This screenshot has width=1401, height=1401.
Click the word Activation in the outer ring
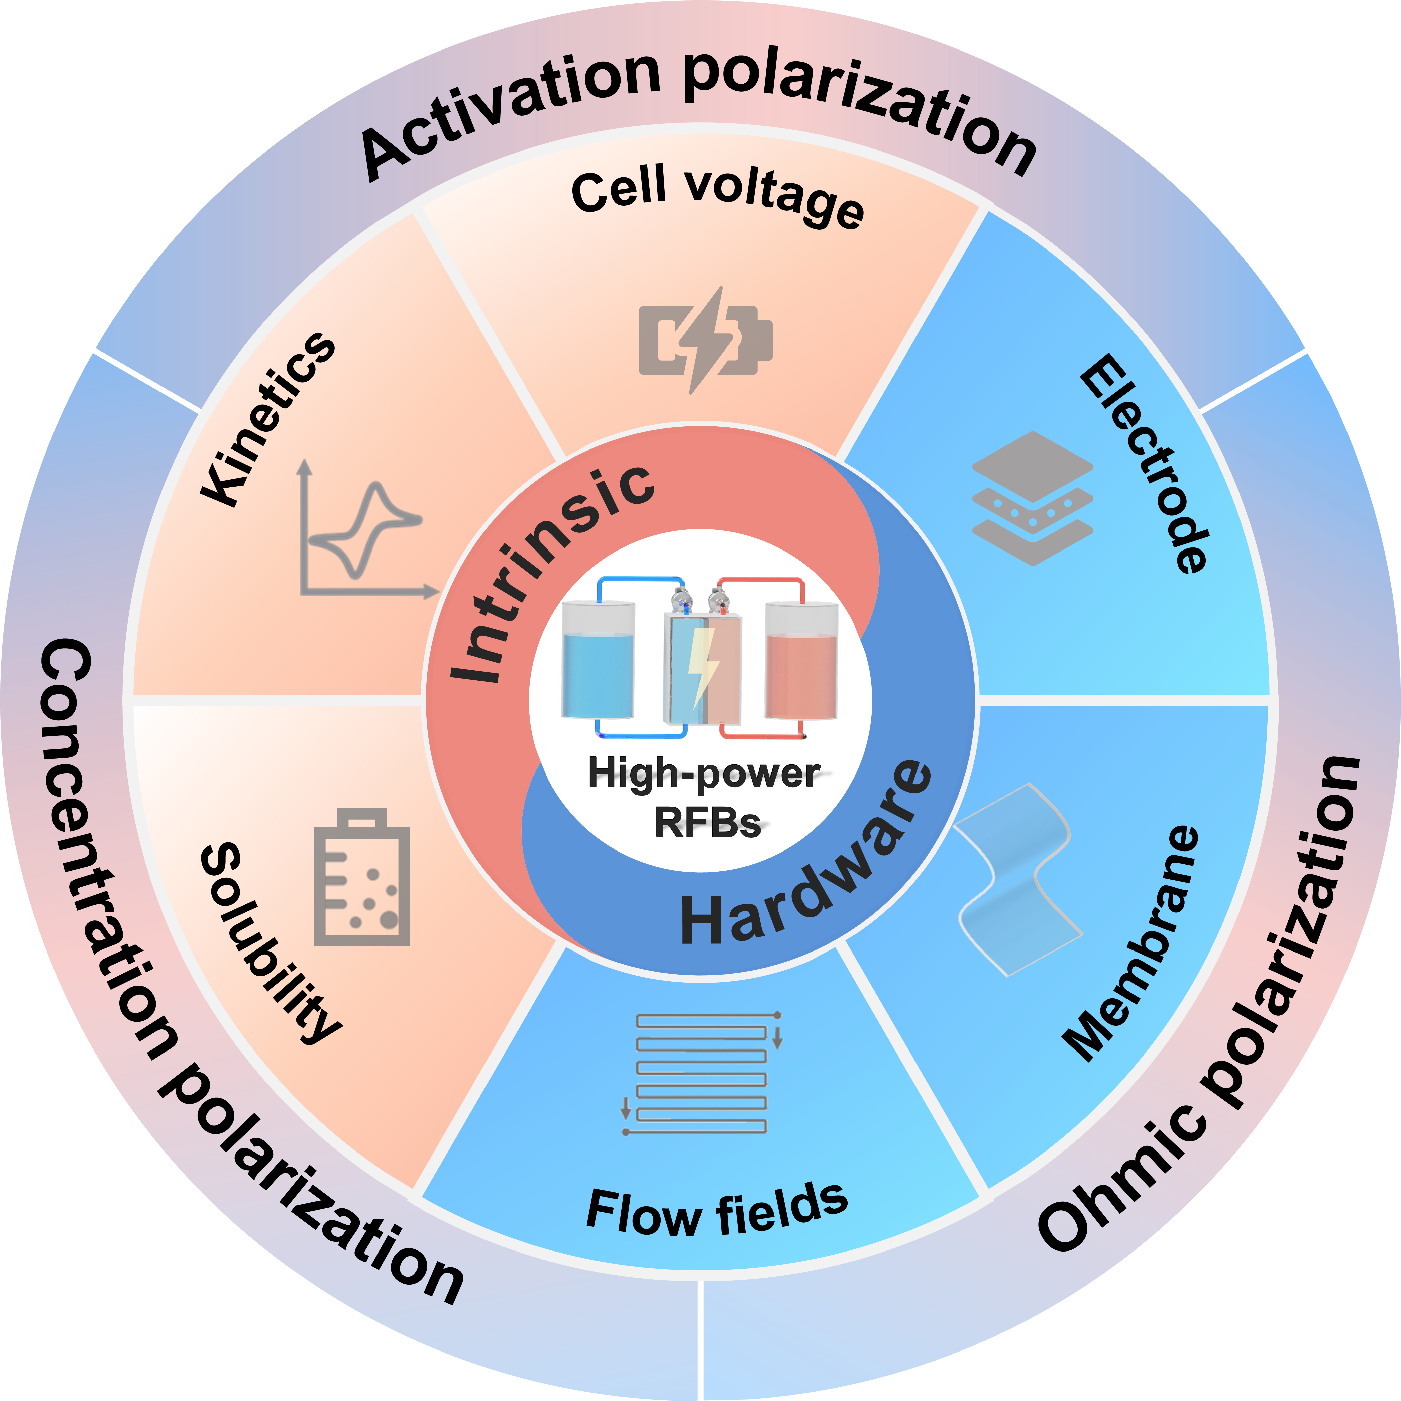point(508,109)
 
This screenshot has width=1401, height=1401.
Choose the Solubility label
point(268,943)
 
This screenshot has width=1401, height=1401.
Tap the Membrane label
point(1131,943)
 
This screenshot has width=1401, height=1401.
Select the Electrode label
point(1146,464)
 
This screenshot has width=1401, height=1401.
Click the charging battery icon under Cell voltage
point(705,339)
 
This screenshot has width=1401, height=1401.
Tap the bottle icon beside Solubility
point(361,878)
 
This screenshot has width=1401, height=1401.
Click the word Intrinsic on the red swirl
point(551,573)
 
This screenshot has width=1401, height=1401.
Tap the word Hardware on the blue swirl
point(805,863)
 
